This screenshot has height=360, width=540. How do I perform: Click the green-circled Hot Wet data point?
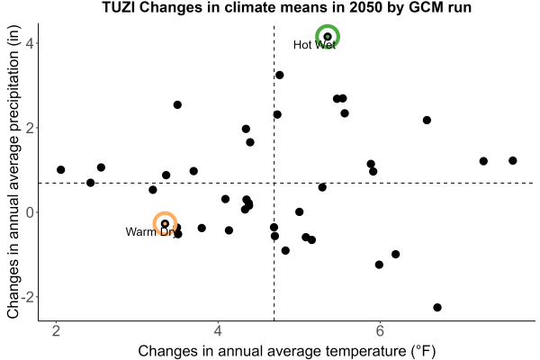[x=328, y=37]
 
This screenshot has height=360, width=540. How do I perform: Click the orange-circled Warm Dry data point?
[x=165, y=223]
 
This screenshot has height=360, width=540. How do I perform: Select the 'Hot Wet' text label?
[x=314, y=45]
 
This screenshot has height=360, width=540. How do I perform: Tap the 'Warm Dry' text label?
[x=151, y=232]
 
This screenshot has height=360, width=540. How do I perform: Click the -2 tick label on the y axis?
[x=27, y=297]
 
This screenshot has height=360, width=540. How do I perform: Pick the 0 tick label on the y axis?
[x=30, y=212]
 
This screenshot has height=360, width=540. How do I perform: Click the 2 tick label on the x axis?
[x=56, y=331]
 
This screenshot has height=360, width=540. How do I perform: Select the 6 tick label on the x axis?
[x=380, y=331]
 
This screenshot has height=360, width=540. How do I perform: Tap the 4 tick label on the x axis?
[x=218, y=331]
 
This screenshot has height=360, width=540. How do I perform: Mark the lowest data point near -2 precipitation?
[x=437, y=307]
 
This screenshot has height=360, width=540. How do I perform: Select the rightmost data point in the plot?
[x=513, y=160]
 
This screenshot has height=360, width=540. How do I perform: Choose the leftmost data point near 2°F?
[x=61, y=170]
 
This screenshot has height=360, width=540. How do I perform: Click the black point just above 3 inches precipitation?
[x=280, y=75]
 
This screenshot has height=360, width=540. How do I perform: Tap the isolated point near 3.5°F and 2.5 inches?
[x=177, y=104]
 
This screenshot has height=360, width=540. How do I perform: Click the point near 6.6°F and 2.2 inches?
[x=427, y=121]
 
